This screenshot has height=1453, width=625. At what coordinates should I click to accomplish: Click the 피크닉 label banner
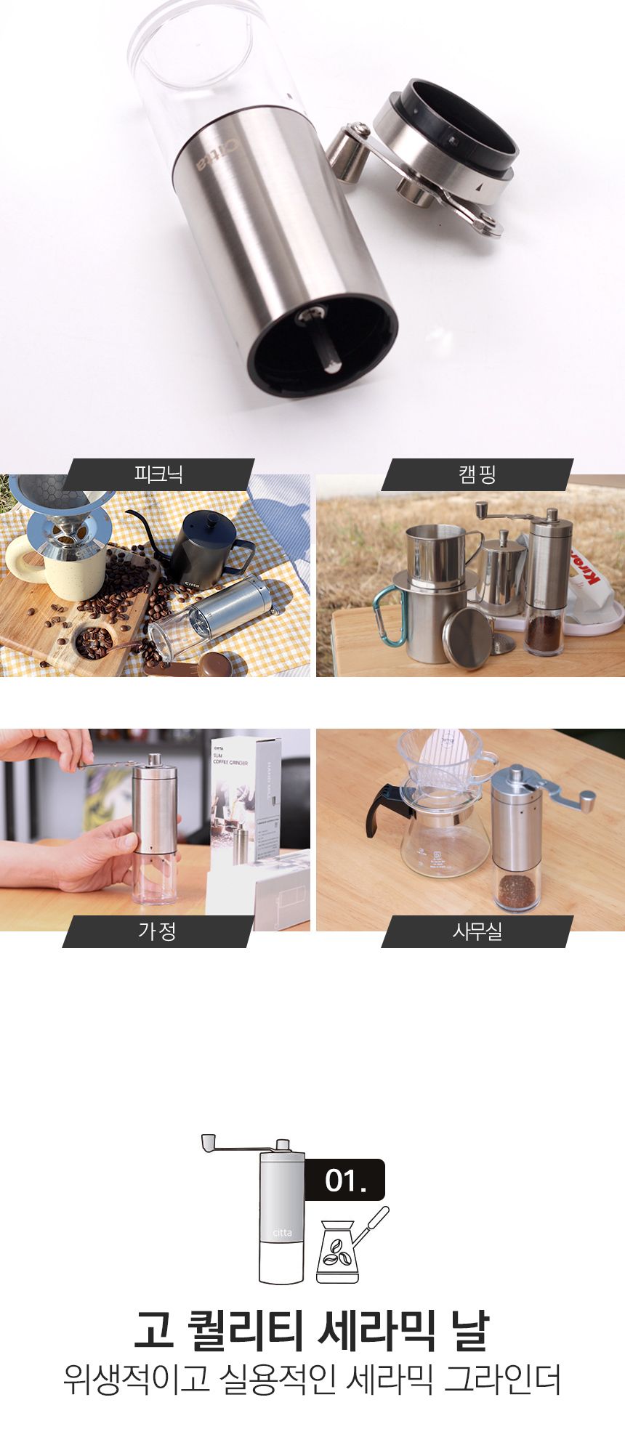tap(158, 474)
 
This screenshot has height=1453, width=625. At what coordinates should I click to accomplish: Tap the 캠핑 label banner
tap(477, 474)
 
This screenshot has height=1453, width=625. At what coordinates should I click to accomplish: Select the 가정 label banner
tap(158, 931)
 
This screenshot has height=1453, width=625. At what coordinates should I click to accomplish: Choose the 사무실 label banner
tap(477, 931)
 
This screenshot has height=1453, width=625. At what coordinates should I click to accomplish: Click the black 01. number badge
tap(344, 1180)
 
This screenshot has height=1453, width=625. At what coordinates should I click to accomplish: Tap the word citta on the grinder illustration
tap(282, 1233)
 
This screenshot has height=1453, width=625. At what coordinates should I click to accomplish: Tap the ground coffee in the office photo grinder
tap(516, 889)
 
